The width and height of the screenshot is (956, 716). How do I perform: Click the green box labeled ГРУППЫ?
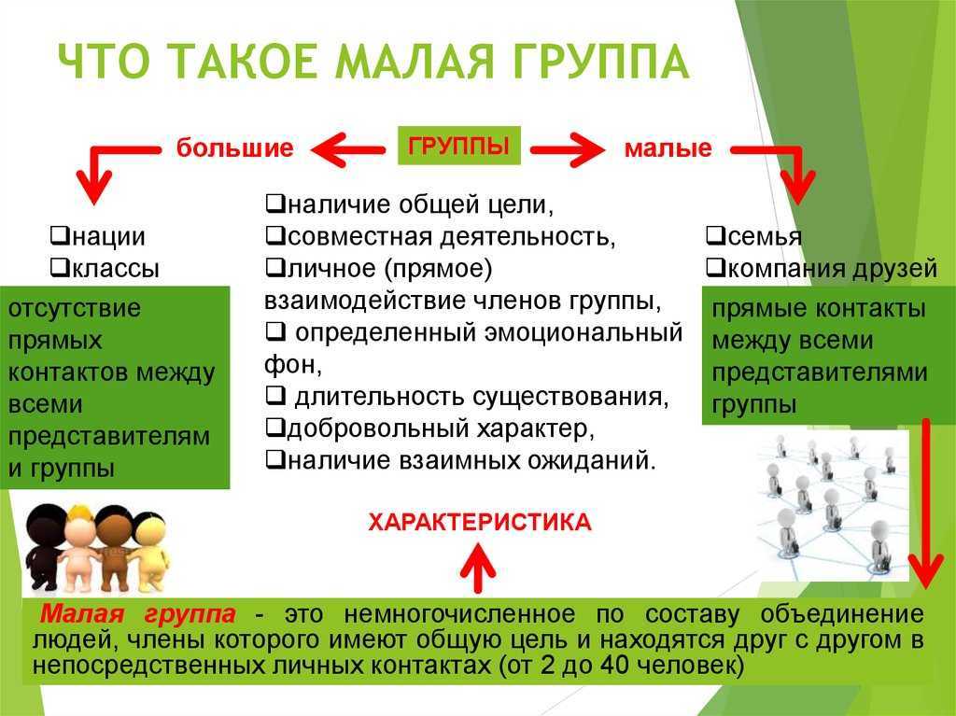click(x=459, y=145)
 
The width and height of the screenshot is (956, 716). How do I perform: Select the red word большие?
click(x=234, y=148)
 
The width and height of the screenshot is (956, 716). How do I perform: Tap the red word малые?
click(x=668, y=148)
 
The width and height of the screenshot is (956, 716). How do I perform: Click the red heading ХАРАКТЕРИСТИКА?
click(x=480, y=523)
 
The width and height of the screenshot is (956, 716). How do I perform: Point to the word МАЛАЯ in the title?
click(x=414, y=62)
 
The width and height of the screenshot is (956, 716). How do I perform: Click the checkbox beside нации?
click(x=59, y=235)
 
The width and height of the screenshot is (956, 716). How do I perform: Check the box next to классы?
click(x=59, y=267)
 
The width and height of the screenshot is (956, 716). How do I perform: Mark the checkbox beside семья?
click(x=714, y=235)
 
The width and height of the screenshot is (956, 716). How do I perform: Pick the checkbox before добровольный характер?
click(x=275, y=428)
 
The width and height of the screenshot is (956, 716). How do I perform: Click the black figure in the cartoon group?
click(x=46, y=547)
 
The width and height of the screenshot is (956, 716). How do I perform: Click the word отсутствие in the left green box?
click(x=75, y=308)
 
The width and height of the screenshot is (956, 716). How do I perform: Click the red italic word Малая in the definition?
click(x=82, y=613)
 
